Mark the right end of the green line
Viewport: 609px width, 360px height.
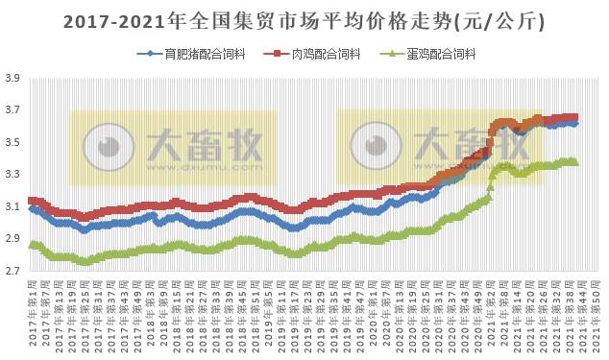(574, 162)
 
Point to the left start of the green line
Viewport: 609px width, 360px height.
(32, 245)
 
